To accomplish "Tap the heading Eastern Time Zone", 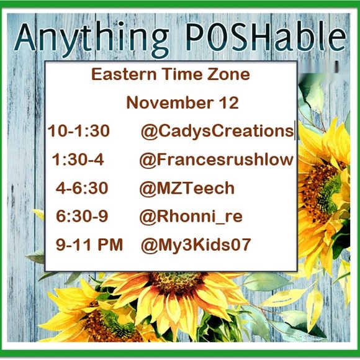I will pyautogui.click(x=171, y=75).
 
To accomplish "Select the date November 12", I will pyautogui.click(x=182, y=102).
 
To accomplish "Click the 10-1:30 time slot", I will pyautogui.click(x=79, y=132).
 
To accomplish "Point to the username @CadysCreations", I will pyautogui.click(x=217, y=132).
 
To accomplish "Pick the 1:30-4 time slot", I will pyautogui.click(x=78, y=160).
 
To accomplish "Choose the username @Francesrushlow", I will pyautogui.click(x=216, y=160).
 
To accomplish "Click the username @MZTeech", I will pyautogui.click(x=187, y=188).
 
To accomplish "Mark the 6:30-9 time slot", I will pyautogui.click(x=82, y=216).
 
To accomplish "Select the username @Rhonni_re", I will pyautogui.click(x=191, y=216).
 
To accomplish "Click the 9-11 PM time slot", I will pyautogui.click(x=89, y=245).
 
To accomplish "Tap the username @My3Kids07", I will pyautogui.click(x=196, y=245).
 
